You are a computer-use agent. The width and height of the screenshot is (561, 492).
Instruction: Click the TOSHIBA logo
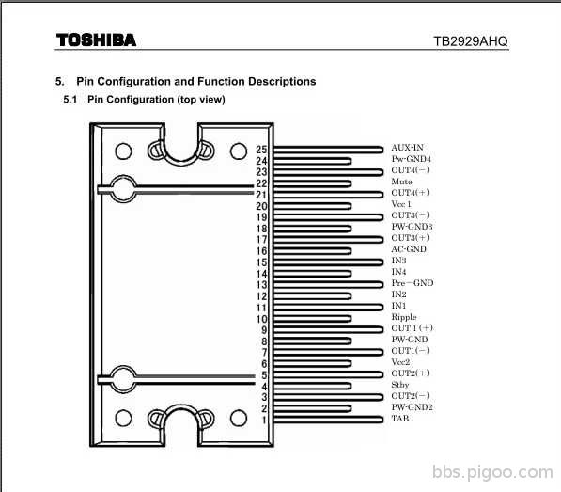pyautogui.click(x=96, y=40)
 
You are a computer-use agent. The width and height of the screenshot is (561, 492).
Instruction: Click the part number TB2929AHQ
pyautogui.click(x=471, y=41)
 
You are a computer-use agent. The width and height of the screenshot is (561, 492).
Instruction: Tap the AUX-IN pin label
pyautogui.click(x=407, y=148)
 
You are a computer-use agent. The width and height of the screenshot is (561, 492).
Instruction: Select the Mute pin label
pyautogui.click(x=401, y=182)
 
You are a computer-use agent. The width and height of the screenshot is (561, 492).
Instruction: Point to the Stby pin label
pyautogui.click(x=400, y=385)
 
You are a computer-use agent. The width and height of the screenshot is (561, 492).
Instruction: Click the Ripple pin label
pyautogui.click(x=404, y=317)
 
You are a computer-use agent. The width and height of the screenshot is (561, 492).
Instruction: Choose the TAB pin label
pyautogui.click(x=400, y=419)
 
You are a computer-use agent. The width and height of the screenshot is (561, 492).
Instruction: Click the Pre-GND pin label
pyautogui.click(x=413, y=283)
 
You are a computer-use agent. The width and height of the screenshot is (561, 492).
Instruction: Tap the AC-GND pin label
pyautogui.click(x=409, y=249)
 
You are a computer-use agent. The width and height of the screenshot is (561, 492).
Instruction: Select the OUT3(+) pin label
pyautogui.click(x=410, y=238)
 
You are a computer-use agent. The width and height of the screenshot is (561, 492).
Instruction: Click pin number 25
pyautogui.click(x=261, y=150)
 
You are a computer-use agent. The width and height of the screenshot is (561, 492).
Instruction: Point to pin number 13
pyautogui.click(x=261, y=285)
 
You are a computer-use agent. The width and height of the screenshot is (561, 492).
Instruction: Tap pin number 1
pyautogui.click(x=264, y=420)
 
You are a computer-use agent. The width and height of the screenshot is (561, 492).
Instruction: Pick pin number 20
pyautogui.click(x=261, y=206)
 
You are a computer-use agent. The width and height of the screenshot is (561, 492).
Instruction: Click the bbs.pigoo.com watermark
pyautogui.click(x=492, y=472)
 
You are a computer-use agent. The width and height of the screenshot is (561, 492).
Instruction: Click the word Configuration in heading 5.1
pyautogui.click(x=140, y=99)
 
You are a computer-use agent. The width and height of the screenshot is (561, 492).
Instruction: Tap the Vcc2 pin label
pyautogui.click(x=400, y=362)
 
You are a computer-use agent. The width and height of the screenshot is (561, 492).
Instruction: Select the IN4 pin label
pyautogui.click(x=398, y=272)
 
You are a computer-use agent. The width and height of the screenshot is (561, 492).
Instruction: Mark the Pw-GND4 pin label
pyautogui.click(x=411, y=159)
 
